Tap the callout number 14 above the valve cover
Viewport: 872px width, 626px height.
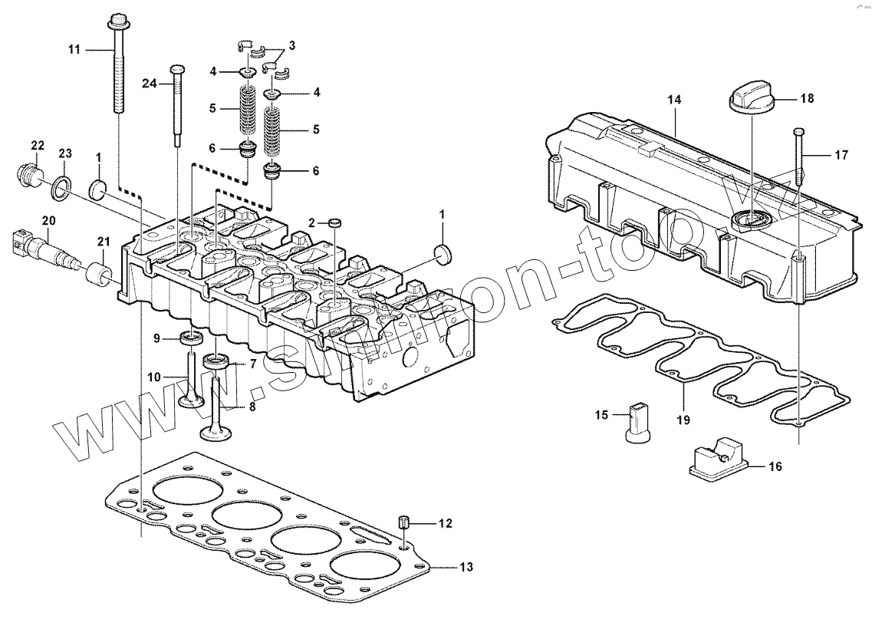point(674,100)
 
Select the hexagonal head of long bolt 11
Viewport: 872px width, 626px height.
point(118,20)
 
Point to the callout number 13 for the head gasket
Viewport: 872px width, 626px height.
point(466,568)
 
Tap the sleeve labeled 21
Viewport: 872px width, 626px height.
point(98,272)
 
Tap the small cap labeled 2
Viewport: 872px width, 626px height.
point(335,222)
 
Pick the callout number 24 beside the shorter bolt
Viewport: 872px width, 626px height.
point(149,84)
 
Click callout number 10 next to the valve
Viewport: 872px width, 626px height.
point(154,377)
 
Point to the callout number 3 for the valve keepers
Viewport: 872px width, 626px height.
point(291,45)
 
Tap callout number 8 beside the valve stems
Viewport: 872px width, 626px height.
point(252,406)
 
